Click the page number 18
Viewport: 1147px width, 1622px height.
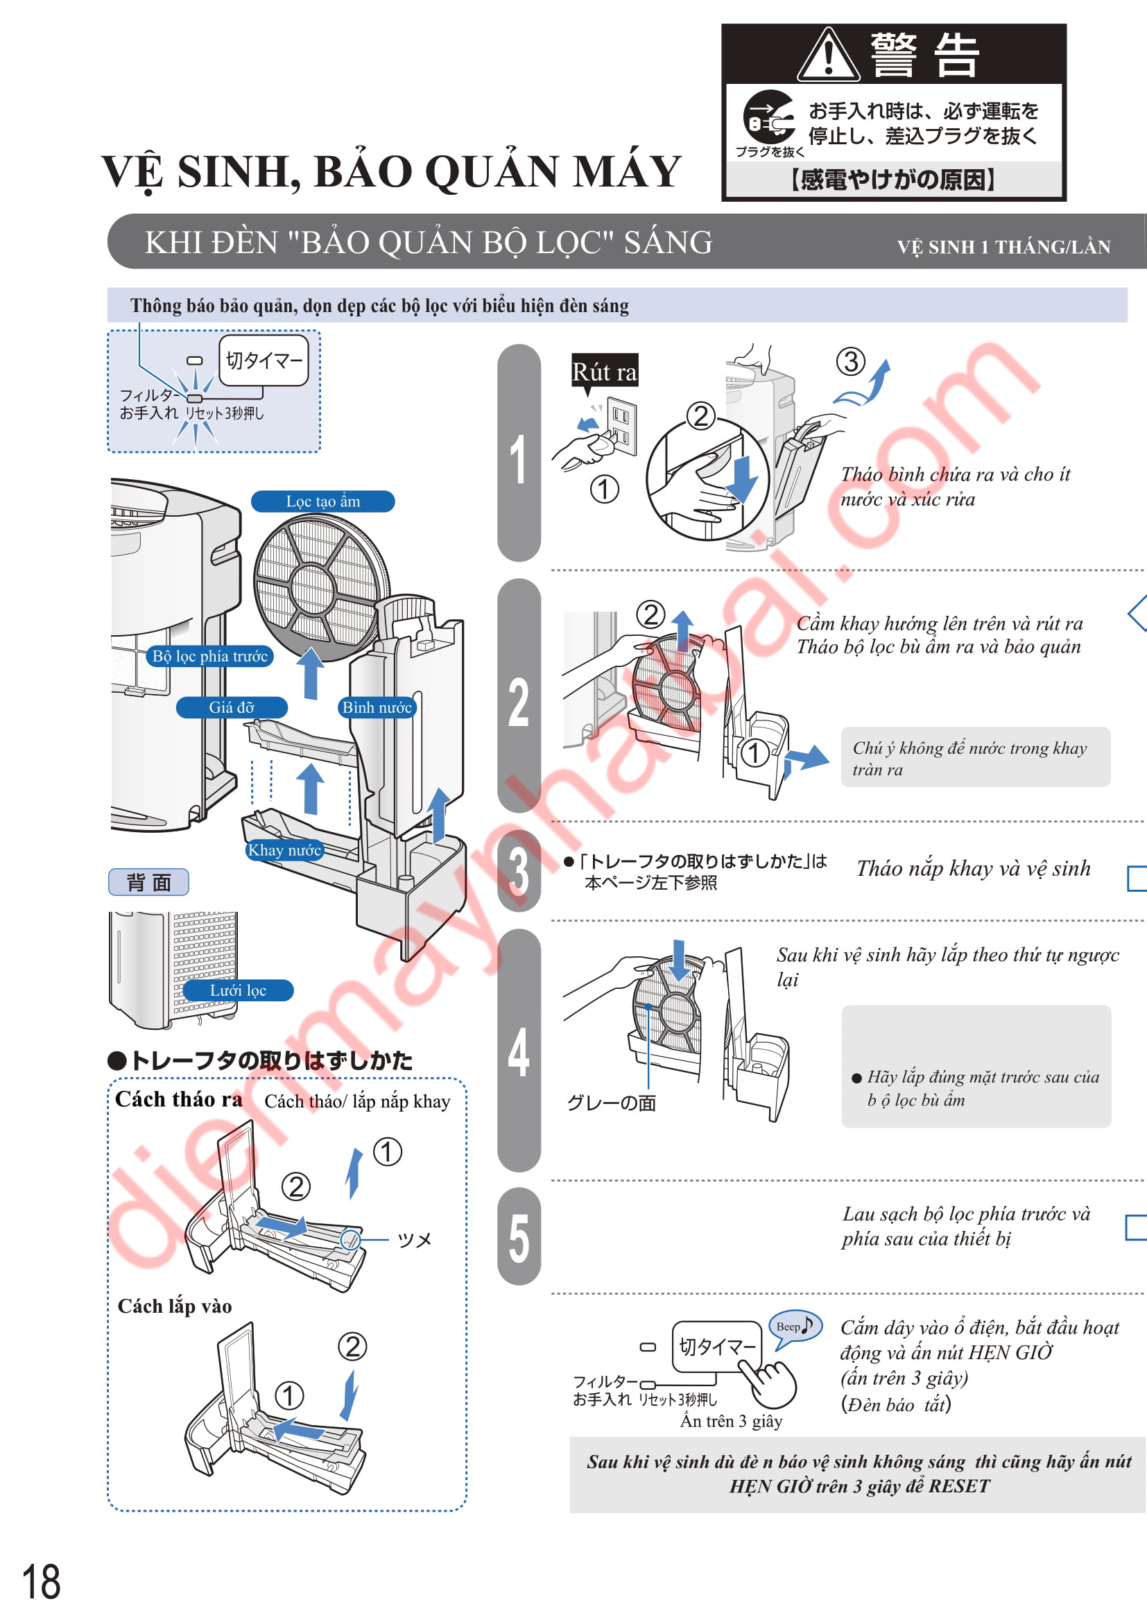pos(41,1582)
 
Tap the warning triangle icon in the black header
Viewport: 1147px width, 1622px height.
pos(829,54)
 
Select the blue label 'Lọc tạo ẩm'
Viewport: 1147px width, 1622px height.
pos(322,501)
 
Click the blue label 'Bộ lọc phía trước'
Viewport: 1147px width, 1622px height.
pos(209,656)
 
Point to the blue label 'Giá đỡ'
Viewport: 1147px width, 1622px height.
pos(232,707)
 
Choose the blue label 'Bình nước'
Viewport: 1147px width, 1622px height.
pos(377,707)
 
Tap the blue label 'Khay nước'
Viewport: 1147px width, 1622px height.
pos(284,850)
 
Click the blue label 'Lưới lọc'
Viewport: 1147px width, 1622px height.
pos(238,990)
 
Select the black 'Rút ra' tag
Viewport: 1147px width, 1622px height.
pos(605,372)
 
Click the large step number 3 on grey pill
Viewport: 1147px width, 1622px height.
pos(519,870)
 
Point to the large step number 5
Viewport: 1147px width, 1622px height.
pos(519,1239)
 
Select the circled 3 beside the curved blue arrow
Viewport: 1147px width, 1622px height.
pos(851,361)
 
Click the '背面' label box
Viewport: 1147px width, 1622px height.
pos(148,881)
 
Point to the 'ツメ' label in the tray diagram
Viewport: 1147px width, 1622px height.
pos(415,1240)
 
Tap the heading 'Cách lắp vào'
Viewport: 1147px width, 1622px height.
pos(175,1306)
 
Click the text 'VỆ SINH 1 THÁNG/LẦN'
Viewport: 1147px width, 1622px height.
pos(1003,248)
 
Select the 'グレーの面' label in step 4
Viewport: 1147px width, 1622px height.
pos(612,1103)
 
